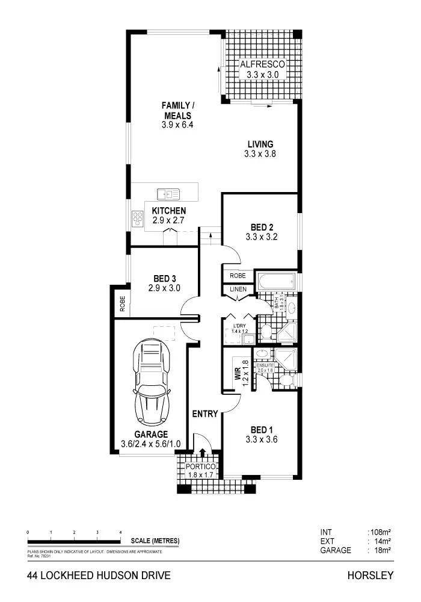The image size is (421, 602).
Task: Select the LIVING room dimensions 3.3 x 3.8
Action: (260, 154)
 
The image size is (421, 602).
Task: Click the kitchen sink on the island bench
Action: (168, 193)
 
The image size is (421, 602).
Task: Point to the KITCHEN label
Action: (168, 211)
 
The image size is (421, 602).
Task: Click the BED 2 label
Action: (262, 227)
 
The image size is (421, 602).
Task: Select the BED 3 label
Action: (164, 278)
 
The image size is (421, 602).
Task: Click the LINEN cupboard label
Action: (236, 290)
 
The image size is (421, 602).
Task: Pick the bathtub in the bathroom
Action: (277, 281)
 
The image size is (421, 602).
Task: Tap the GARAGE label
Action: (150, 434)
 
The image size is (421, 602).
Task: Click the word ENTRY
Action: (204, 414)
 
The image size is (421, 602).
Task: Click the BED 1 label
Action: (262, 429)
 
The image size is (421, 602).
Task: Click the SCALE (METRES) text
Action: (155, 541)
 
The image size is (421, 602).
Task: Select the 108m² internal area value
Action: (380, 532)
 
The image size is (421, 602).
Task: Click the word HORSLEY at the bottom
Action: (370, 576)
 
